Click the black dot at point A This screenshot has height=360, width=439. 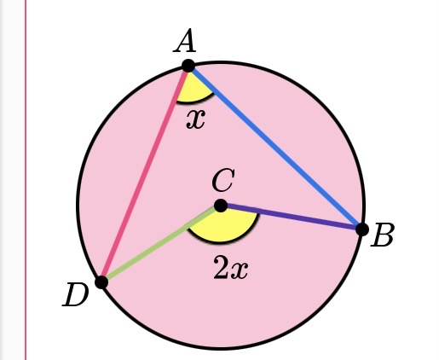coord(188,66)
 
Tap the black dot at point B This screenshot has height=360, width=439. coord(361,229)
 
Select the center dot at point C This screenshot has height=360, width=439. coord(221,205)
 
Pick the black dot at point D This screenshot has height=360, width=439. coord(101,282)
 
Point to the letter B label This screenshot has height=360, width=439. coord(383,236)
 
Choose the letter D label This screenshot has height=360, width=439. coord(76,296)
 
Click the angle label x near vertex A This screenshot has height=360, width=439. coord(196,118)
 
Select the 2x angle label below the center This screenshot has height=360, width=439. coord(230,270)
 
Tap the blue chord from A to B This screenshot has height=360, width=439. coord(273,146)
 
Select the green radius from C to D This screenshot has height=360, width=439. coord(160,244)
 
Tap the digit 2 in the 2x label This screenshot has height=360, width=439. coord(221,270)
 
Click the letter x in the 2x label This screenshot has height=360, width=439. coord(240,270)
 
